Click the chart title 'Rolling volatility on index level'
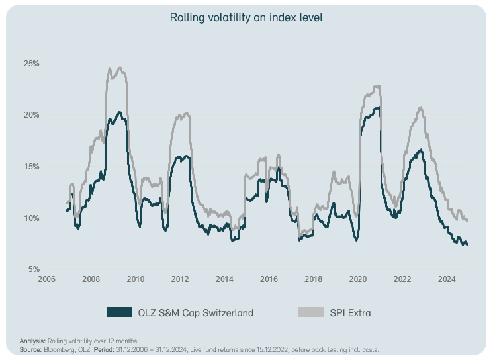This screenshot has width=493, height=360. (x=246, y=17)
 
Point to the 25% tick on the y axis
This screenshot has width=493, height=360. (x=32, y=64)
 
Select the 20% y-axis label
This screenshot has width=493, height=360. (x=32, y=115)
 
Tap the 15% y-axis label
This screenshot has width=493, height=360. (x=32, y=167)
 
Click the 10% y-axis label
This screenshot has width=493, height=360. (x=32, y=218)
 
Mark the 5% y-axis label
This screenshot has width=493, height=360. (x=33, y=269)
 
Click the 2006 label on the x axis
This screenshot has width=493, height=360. (x=46, y=279)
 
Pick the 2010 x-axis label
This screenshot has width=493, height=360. (x=136, y=279)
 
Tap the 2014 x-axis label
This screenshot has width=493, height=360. (x=224, y=279)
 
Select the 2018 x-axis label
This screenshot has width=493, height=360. (x=314, y=279)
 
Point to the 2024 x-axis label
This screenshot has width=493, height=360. (x=447, y=279)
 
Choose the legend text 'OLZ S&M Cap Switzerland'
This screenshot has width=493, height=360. (x=195, y=312)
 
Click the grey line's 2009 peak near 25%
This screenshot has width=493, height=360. (x=119, y=67)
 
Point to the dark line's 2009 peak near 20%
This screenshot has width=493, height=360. (x=119, y=112)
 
